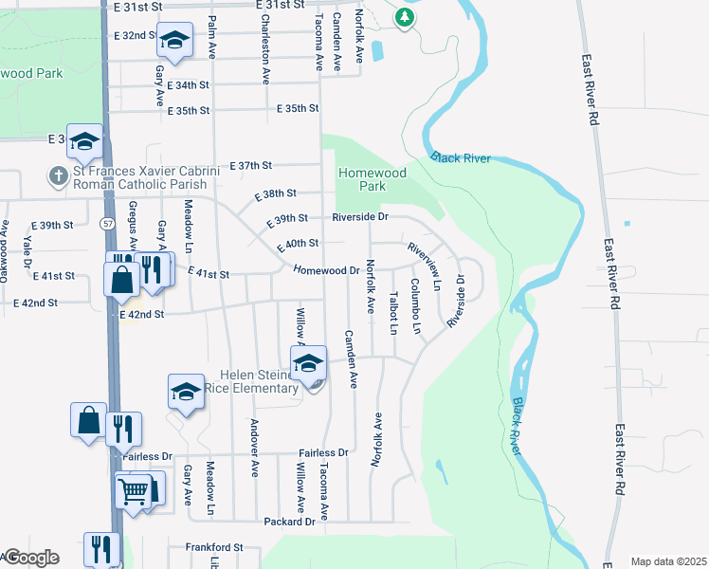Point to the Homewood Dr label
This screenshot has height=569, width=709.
pyautogui.click(x=327, y=270)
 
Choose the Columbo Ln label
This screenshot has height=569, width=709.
pyautogui.click(x=415, y=305)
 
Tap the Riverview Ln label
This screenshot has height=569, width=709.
pyautogui.click(x=424, y=266)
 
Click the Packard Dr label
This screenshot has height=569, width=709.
pyautogui.click(x=290, y=523)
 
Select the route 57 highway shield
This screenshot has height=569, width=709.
pyautogui.click(x=110, y=222)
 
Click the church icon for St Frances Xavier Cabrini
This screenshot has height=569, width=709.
pyautogui.click(x=59, y=176)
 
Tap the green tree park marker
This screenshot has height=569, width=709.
pyautogui.click(x=405, y=17)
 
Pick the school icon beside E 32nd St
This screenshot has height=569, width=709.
pyautogui.click(x=174, y=39)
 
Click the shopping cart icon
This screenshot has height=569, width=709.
pyautogui.click(x=133, y=490)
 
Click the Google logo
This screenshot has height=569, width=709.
pyautogui.click(x=30, y=558)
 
